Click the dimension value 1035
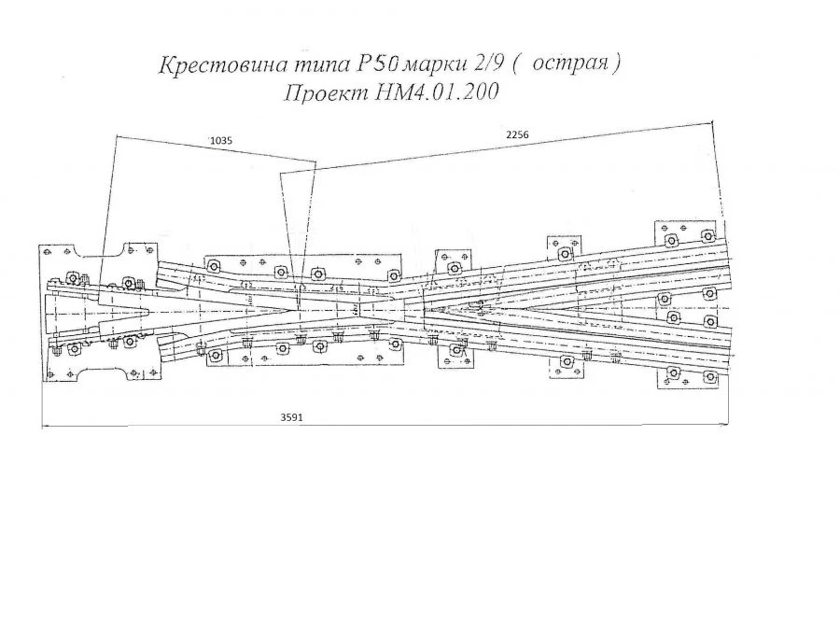pos(220,140)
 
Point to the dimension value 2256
pos(518,136)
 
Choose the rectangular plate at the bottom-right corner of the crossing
pos(689,377)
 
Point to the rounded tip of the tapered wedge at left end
pos(151,309)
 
